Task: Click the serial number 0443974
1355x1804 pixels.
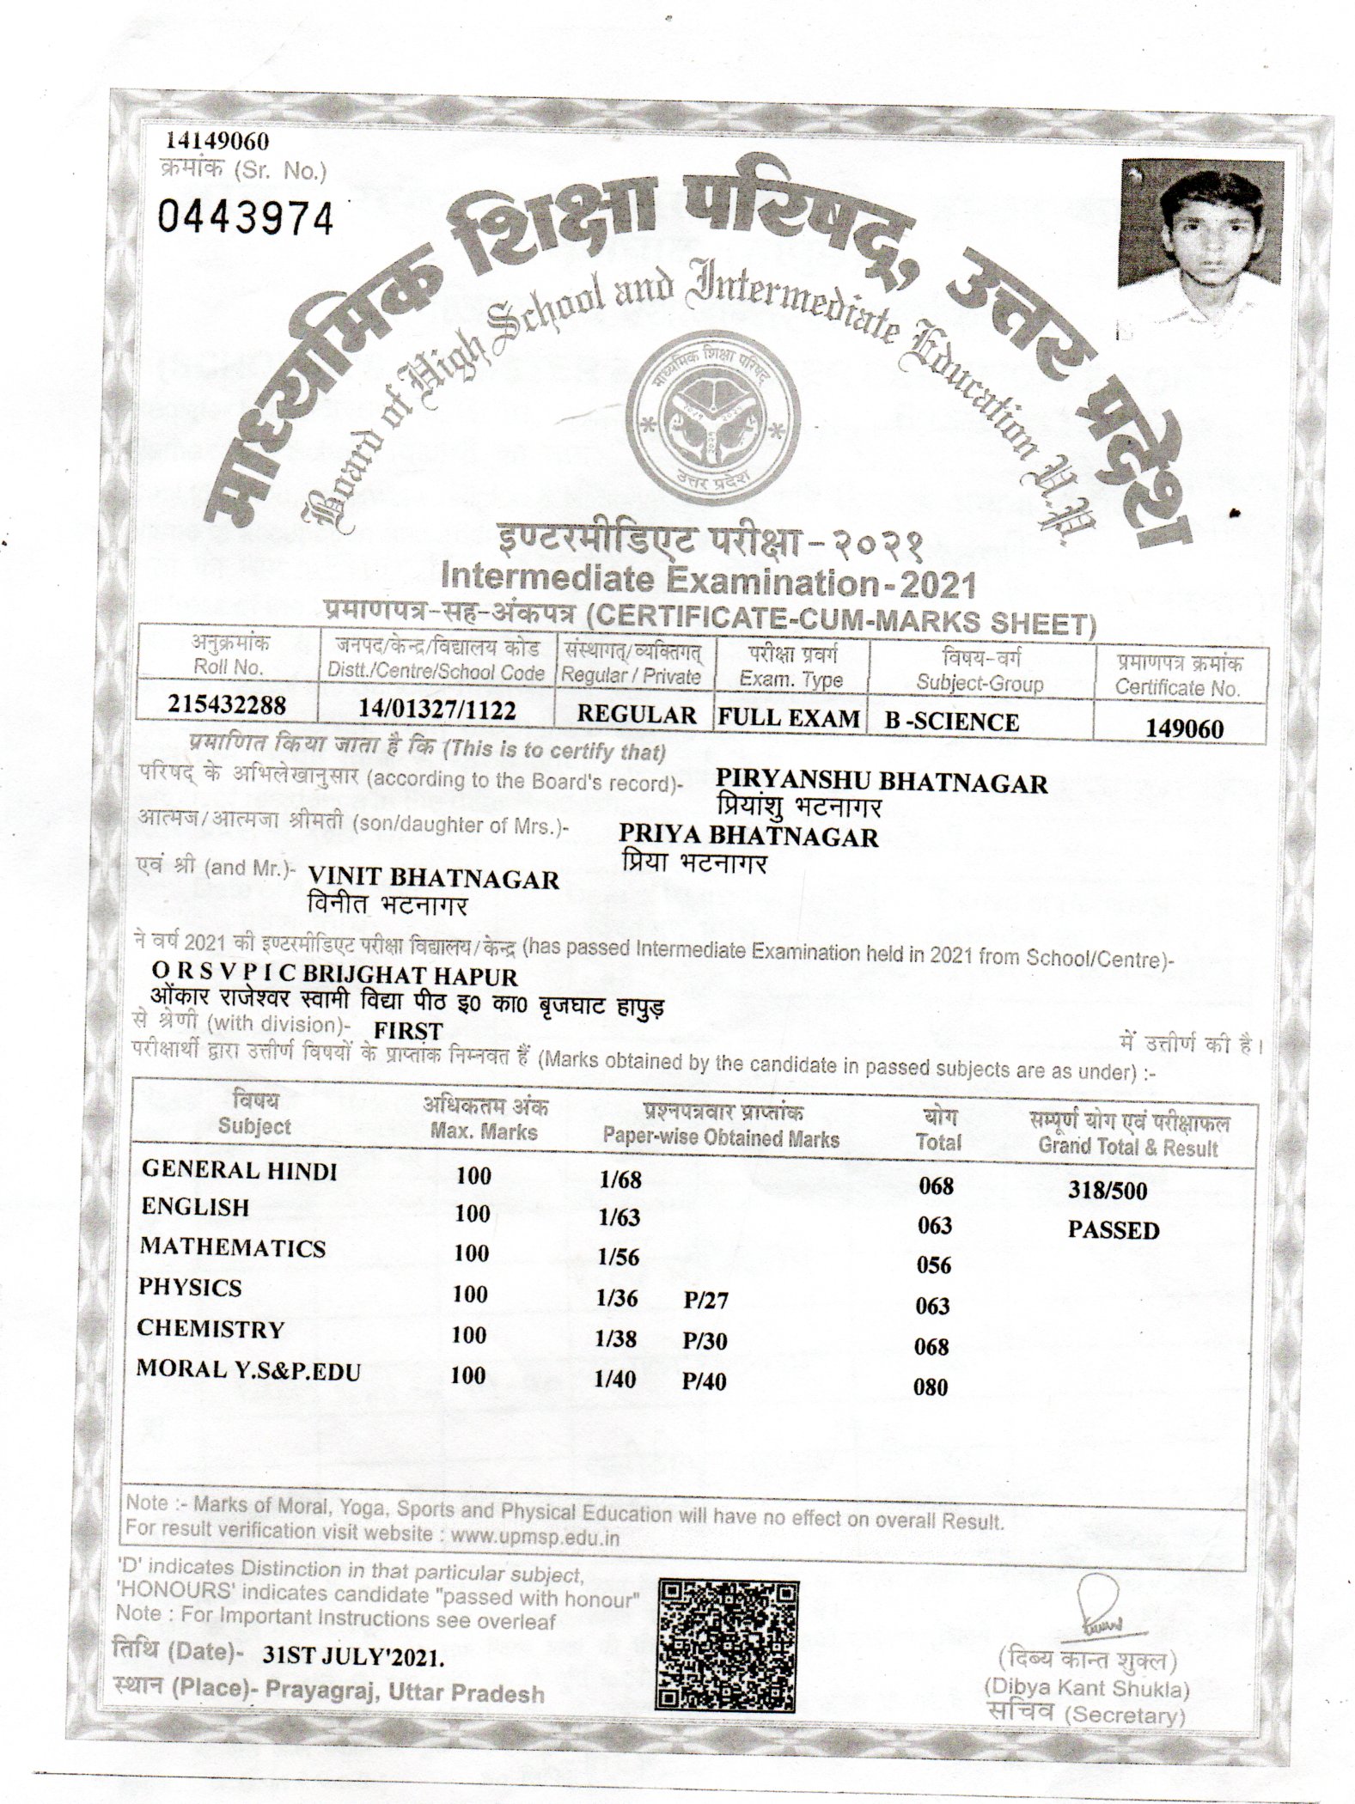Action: [x=246, y=219]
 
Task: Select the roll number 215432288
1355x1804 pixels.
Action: [x=227, y=704]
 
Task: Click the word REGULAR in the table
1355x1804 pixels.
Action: [x=637, y=716]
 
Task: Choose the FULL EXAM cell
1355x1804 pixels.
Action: [x=790, y=717]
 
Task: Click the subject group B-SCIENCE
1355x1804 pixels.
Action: [x=952, y=722]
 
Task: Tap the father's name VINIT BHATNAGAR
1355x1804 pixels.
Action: [x=433, y=878]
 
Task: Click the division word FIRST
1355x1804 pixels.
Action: [x=408, y=1030]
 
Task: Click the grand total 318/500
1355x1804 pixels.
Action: [x=1108, y=1191]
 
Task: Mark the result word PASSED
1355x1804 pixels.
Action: [x=1114, y=1230]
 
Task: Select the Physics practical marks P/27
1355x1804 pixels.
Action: [x=705, y=1301]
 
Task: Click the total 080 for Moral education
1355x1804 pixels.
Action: [x=931, y=1387]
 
